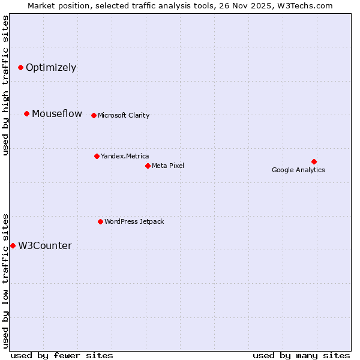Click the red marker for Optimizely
[x=20, y=67]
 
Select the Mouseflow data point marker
[x=26, y=113]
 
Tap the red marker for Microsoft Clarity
[x=94, y=115]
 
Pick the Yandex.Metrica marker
[x=97, y=156]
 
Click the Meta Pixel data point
[x=148, y=166]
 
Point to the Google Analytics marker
[x=314, y=161]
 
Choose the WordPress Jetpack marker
[x=100, y=221]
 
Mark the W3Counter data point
[x=13, y=245]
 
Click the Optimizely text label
[x=51, y=67]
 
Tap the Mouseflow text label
[x=57, y=113]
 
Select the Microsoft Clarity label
[x=124, y=115]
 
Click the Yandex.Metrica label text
[x=125, y=156]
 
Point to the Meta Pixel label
[x=168, y=166]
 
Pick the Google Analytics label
[x=298, y=170]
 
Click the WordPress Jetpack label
[x=134, y=221]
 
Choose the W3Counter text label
[x=45, y=245]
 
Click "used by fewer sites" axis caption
[x=62, y=355]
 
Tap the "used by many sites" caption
[x=301, y=355]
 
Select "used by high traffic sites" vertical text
[x=5, y=85]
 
